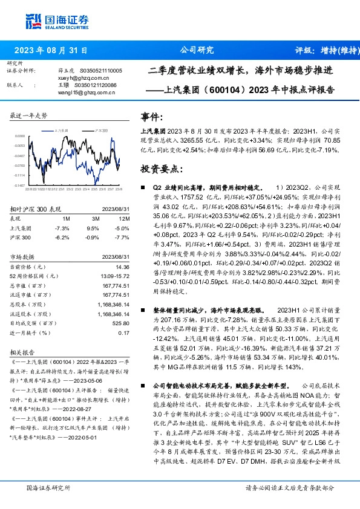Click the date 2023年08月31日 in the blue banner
(50, 51)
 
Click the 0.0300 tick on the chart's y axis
(20, 137)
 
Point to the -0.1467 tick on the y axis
(20, 186)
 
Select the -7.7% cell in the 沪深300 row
(123, 238)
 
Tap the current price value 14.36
(123, 267)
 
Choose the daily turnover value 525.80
(121, 322)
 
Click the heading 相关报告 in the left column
(25, 352)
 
